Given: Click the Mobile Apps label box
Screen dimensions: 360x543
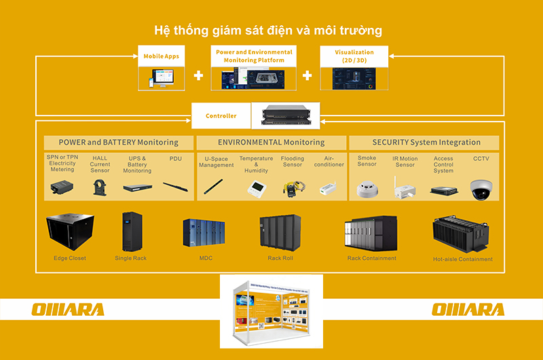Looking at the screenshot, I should click(162, 56).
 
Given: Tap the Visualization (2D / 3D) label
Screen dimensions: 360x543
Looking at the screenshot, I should click(354, 56).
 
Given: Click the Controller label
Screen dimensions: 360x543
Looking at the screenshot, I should click(221, 116).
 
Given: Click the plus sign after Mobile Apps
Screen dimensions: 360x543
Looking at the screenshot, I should click(198, 75).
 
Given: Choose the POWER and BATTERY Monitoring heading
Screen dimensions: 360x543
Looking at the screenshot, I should click(119, 143).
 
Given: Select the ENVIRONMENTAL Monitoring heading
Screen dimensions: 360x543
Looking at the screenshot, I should click(271, 143).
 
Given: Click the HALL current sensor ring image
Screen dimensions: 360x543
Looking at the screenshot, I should click(100, 187).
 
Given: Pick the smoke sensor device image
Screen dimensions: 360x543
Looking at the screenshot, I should click(367, 188).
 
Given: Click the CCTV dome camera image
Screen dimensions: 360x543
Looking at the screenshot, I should click(481, 188).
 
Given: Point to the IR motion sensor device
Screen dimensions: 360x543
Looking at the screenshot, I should click(405, 187).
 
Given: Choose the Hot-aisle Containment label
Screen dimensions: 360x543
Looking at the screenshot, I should click(463, 259).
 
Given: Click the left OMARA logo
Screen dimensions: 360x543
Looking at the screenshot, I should click(68, 310).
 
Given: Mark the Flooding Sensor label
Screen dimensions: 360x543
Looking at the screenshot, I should click(293, 161).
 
